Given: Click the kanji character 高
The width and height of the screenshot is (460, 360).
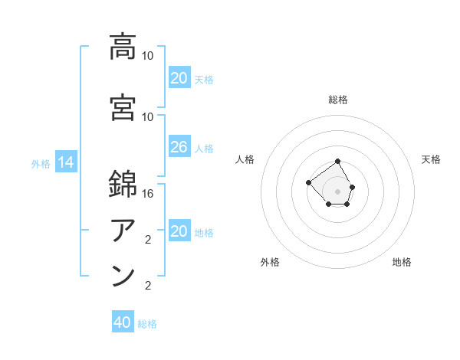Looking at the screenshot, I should (x=123, y=47).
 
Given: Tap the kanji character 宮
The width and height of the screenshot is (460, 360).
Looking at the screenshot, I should (x=123, y=108).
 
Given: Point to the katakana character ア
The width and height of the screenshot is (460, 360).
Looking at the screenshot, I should (x=123, y=231).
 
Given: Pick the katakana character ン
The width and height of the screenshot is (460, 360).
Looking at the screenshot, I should (x=123, y=276).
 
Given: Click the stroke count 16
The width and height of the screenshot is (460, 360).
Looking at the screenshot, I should (x=149, y=195).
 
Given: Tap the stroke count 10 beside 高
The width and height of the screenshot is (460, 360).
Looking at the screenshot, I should (x=148, y=56).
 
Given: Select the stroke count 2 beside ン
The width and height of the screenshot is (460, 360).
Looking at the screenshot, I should (x=148, y=286).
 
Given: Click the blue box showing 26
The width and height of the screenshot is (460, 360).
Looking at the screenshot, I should (x=179, y=147).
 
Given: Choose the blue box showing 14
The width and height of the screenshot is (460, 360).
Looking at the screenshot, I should (x=65, y=162).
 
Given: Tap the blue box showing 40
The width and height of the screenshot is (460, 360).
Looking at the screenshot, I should (x=122, y=322).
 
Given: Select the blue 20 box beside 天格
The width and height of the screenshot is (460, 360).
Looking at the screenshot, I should (x=179, y=78).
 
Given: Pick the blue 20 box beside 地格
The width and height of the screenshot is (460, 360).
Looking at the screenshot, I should (x=179, y=231).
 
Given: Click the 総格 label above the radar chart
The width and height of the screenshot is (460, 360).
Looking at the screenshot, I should (x=338, y=100).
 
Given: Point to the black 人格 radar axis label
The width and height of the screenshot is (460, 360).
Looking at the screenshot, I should (x=245, y=159).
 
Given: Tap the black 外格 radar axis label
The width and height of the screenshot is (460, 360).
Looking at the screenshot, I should (x=270, y=262).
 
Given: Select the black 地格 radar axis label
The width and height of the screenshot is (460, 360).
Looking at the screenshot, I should (x=402, y=262).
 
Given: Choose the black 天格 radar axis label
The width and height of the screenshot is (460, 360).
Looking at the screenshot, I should (x=431, y=159).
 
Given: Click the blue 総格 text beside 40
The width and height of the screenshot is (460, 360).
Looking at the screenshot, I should (x=147, y=324).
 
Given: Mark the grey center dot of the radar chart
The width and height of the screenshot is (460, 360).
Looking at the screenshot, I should (x=338, y=191).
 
